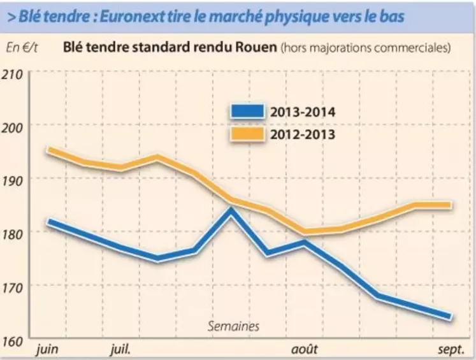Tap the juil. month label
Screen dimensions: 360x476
point(121,350)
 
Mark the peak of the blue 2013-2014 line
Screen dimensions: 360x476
point(231,210)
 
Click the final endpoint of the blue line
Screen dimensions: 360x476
point(451,317)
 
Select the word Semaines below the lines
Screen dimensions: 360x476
point(233,326)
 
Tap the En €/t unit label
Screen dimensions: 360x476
point(21,47)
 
